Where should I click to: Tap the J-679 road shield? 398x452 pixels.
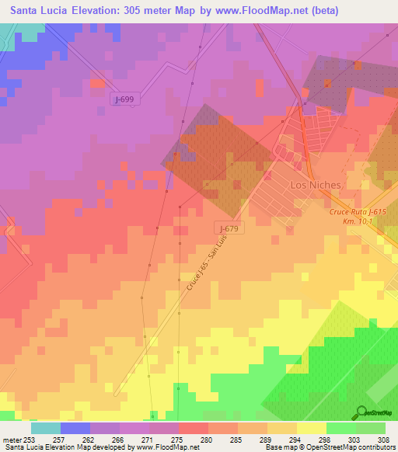tap(227, 228)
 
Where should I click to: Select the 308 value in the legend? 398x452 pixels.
tap(385, 439)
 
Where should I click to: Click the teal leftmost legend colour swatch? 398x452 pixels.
tap(45, 428)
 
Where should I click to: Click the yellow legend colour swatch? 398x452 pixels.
tap(311, 428)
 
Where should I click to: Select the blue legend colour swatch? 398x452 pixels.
tap(75, 428)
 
